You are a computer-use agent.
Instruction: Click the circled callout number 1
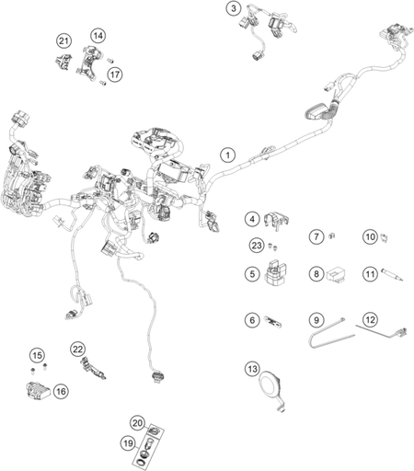pos(227,155)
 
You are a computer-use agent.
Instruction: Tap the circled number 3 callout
pos(234,8)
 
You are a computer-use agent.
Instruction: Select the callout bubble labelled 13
pos(252,369)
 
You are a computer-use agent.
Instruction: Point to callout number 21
pos(63,41)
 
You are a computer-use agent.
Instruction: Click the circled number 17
pos(115,75)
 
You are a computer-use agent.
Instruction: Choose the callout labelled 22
pos(78,350)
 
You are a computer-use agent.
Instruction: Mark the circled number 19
pos(128,443)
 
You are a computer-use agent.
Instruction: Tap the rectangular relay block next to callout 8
pos(335,274)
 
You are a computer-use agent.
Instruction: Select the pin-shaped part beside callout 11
pos(392,274)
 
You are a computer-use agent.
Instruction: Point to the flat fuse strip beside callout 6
pos(272,321)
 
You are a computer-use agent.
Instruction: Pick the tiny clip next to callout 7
pos(332,235)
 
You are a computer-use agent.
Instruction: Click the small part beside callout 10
pos(385,237)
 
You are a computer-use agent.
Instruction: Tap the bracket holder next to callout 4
pos(276,220)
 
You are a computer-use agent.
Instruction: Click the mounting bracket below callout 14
pos(89,63)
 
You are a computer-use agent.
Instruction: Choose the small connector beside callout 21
pos(63,62)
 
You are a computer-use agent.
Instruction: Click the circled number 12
pos(370,320)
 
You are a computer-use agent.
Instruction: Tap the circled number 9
pos(316,320)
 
